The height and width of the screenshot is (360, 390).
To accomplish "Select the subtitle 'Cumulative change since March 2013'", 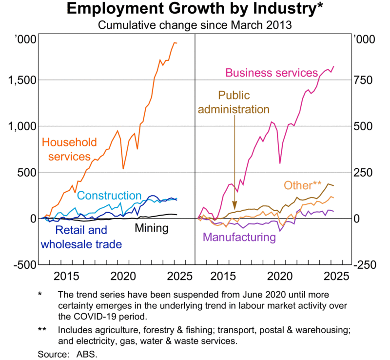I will tap(195, 25).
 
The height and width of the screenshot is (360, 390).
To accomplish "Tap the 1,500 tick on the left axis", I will tap(21, 80).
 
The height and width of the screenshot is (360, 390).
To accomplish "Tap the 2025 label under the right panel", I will tap(334, 277).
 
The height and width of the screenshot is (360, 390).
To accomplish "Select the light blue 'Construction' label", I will tap(109, 196).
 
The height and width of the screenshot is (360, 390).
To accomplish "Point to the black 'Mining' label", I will tap(151, 228).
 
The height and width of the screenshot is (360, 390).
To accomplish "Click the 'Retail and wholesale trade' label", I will tap(81, 237).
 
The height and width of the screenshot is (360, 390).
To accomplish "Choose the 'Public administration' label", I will tap(234, 102).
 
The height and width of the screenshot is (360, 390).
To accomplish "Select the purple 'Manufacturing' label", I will tap(239, 238).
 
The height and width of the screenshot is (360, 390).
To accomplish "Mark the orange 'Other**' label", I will tap(302, 185).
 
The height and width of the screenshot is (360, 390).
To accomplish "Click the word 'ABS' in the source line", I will tap(88, 354).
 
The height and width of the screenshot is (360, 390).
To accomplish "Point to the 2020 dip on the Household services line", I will tap(123, 168).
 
